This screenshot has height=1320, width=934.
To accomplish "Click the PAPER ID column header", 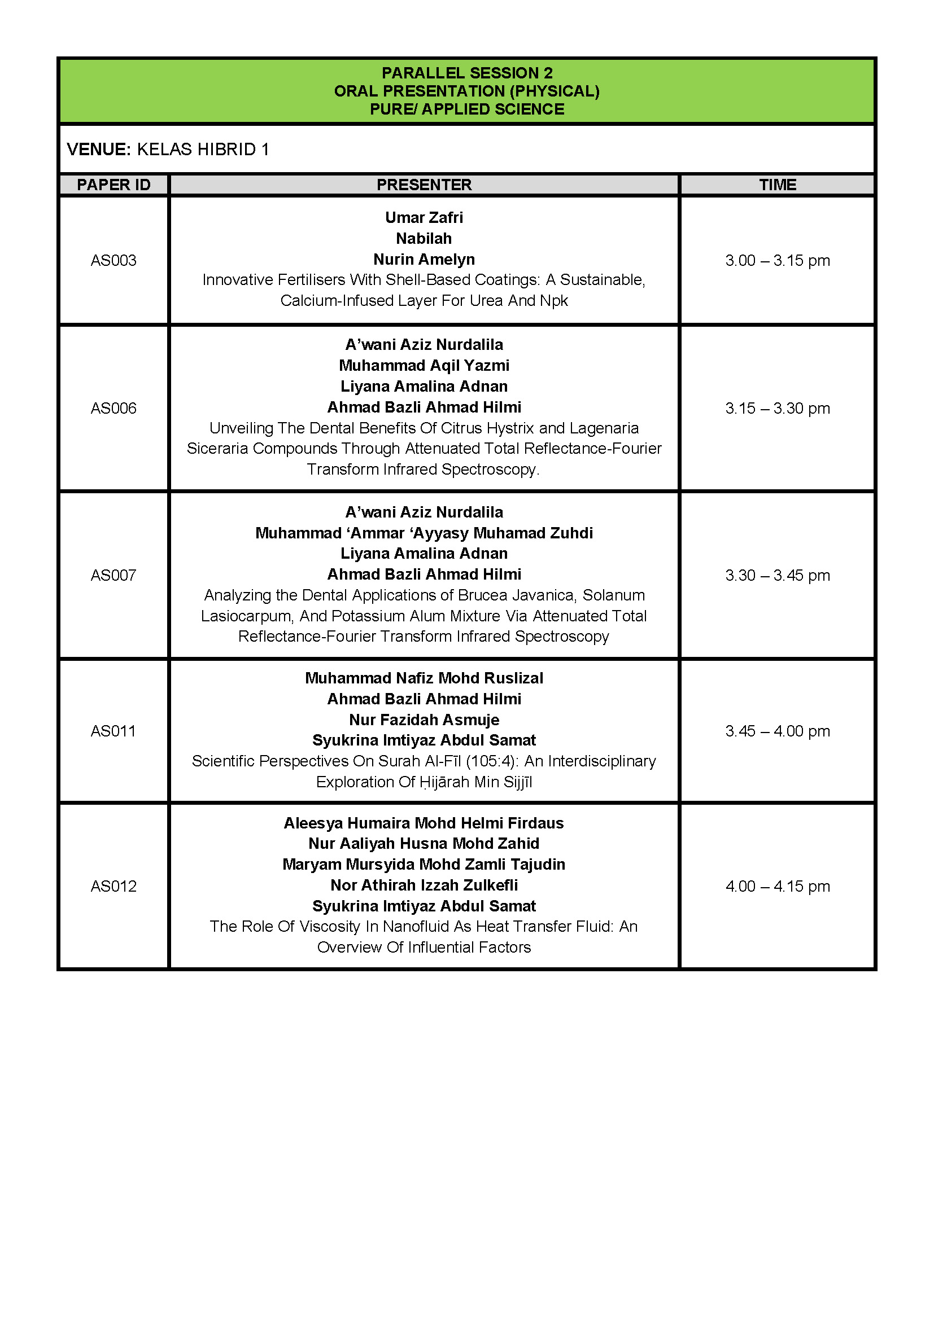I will click(x=114, y=185).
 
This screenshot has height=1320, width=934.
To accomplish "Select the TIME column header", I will click(x=777, y=185).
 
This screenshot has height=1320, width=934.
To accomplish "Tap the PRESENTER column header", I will click(x=424, y=185).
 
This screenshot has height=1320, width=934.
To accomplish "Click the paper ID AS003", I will click(x=114, y=260).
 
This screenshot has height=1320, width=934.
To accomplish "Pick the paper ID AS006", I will click(x=114, y=408).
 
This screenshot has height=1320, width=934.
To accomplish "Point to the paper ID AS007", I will click(x=114, y=575).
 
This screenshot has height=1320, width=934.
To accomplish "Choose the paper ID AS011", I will click(x=114, y=731).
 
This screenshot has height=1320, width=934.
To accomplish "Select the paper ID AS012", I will click(x=114, y=886).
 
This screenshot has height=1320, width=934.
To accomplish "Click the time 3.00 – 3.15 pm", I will click(x=777, y=260).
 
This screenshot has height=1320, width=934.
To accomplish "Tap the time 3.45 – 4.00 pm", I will click(x=777, y=731).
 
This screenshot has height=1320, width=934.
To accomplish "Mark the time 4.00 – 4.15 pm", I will click(x=777, y=886).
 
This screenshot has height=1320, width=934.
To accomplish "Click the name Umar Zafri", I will click(x=424, y=217).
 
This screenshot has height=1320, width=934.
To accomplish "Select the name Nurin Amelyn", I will click(x=424, y=259).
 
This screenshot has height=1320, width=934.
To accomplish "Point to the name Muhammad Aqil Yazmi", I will click(x=424, y=365).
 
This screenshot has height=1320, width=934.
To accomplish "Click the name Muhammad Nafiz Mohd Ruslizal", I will click(x=424, y=678).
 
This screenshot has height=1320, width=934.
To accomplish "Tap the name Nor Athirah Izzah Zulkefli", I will click(x=424, y=885).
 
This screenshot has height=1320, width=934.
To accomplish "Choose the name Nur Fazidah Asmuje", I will click(x=424, y=720).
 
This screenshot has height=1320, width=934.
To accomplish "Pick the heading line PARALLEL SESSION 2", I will click(x=467, y=73).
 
